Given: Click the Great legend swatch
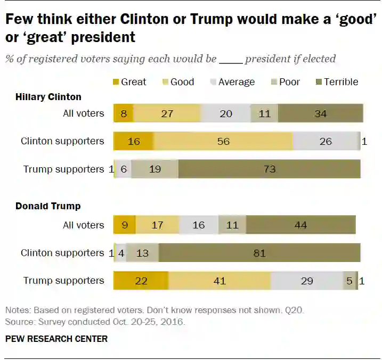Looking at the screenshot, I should [116, 82].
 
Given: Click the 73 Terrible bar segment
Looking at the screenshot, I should [270, 169].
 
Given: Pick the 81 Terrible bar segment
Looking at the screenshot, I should [259, 253].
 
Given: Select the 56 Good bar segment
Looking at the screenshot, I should [223, 141].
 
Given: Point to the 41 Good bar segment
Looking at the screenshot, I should [219, 281].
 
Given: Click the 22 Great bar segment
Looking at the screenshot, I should [141, 281].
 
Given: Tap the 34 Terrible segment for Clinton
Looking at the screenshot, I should [320, 113].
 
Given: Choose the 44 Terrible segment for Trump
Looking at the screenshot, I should [300, 225].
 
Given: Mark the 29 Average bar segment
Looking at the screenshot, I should [307, 281].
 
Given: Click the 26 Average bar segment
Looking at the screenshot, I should [326, 141].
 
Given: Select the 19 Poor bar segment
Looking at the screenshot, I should [155, 169].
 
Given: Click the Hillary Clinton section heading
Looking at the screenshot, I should [48, 97].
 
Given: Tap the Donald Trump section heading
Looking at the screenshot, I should [47, 206].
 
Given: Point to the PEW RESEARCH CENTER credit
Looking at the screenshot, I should [56, 339].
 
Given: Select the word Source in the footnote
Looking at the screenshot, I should [18, 322].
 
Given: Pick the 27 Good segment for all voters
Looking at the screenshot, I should [167, 113].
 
